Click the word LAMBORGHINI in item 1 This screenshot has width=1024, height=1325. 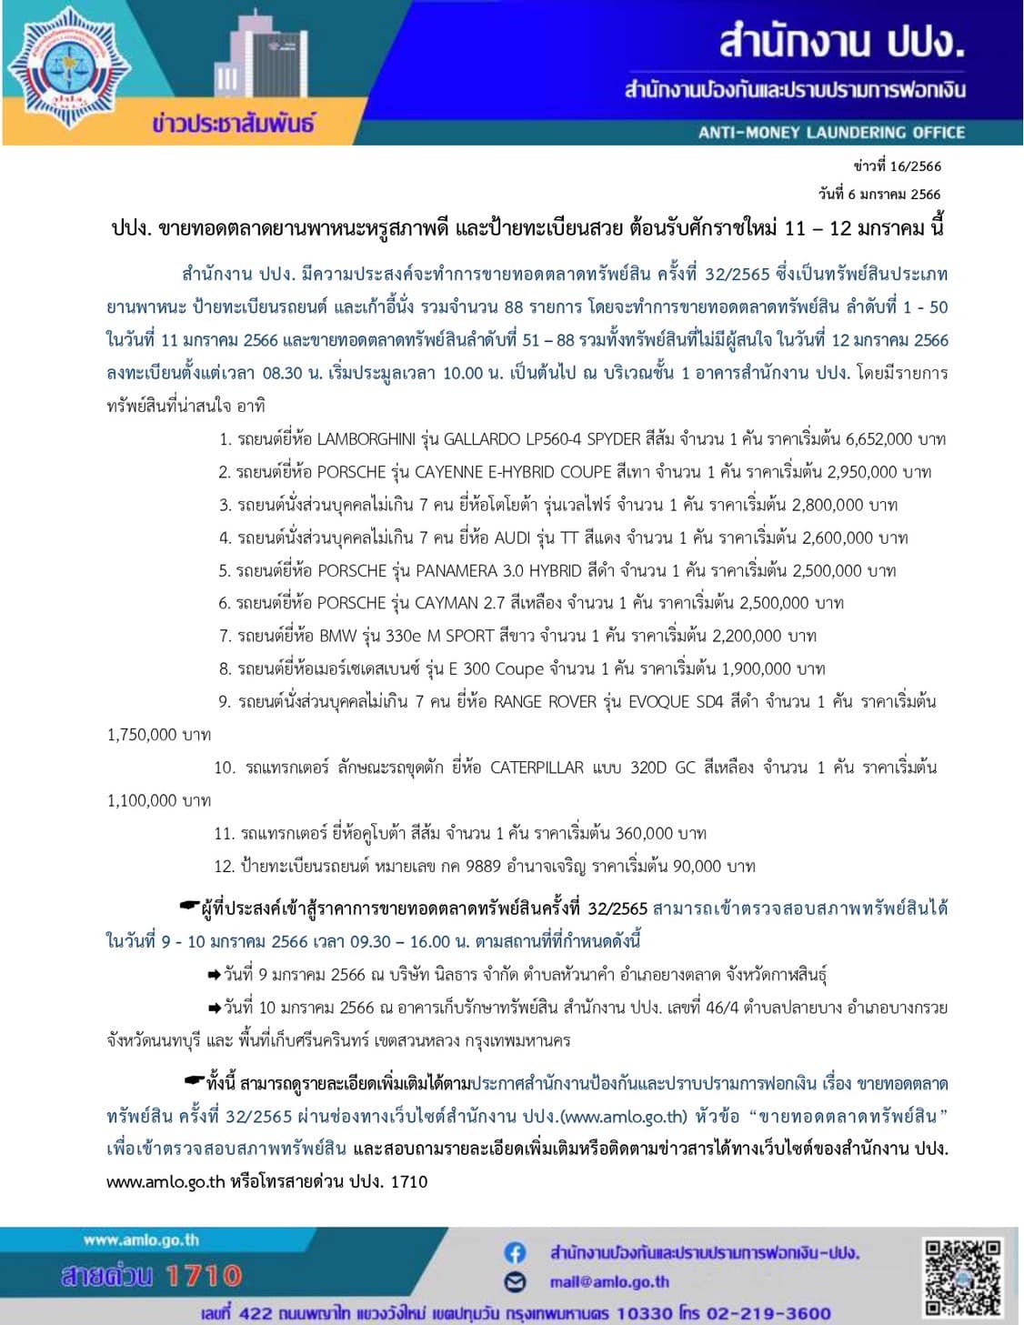[366, 439]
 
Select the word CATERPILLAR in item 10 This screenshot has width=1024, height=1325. [537, 768]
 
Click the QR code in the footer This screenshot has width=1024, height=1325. [963, 1278]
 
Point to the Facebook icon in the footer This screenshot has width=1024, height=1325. [515, 1253]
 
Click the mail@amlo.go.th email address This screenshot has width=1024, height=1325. [609, 1282]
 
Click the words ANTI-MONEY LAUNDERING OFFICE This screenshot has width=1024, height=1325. [831, 133]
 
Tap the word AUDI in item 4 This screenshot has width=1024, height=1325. [512, 537]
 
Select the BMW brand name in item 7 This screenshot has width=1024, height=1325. [338, 636]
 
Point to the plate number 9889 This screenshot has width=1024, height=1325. [483, 866]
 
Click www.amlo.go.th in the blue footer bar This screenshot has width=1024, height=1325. [141, 1240]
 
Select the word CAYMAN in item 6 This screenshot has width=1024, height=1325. [446, 603]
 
